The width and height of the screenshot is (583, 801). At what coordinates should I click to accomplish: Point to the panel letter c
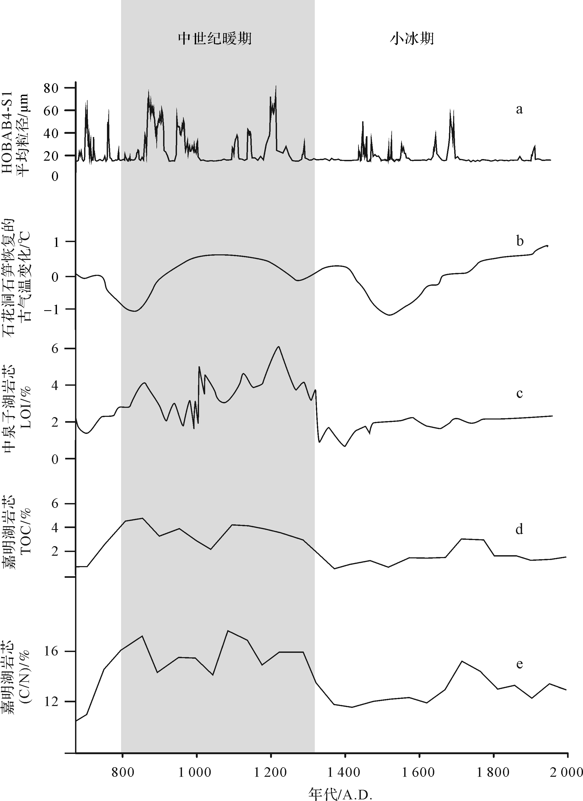pos(519,393)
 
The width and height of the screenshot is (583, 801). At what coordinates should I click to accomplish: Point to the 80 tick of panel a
pos(50,88)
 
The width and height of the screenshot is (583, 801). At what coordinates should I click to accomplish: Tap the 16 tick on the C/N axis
pos(50,651)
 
